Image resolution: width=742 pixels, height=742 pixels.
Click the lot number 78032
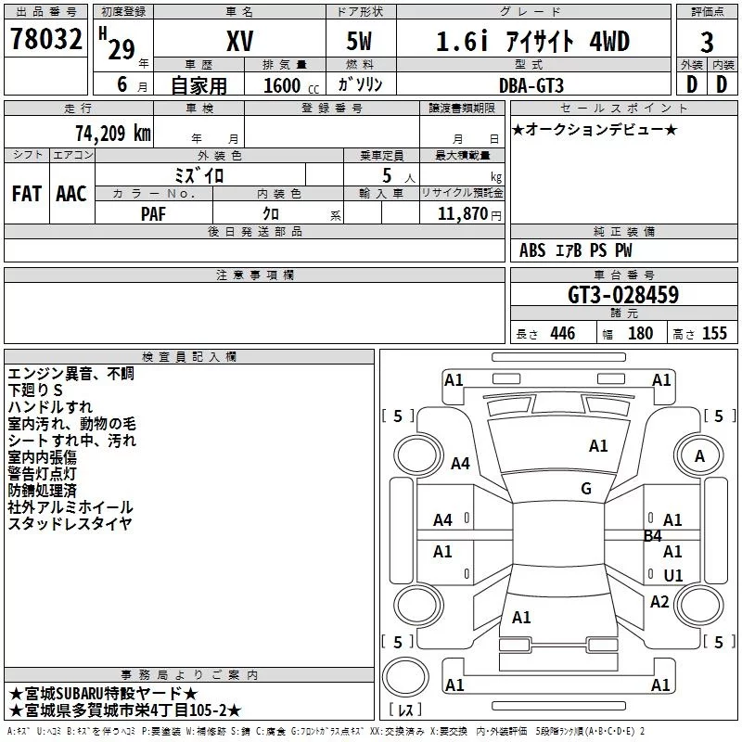tap(46, 39)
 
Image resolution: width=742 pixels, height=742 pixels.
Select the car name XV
tap(240, 41)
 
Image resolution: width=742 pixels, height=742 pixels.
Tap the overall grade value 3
tap(707, 43)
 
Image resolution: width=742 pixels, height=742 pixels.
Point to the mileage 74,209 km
tap(113, 134)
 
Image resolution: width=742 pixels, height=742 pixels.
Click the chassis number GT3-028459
tap(623, 295)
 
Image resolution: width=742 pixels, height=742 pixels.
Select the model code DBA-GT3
tap(531, 85)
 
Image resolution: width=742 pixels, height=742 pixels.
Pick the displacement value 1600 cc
tap(291, 85)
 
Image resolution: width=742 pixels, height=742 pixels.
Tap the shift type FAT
tap(27, 194)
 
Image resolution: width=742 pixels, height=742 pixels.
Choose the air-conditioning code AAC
tap(71, 194)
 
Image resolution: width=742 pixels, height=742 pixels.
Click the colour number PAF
tap(153, 214)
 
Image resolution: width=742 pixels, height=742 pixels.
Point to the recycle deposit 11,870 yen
tap(469, 214)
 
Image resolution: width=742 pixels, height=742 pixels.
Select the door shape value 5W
tap(359, 41)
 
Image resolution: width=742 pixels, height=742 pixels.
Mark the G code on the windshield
tap(586, 489)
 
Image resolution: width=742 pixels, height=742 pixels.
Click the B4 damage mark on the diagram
tap(653, 536)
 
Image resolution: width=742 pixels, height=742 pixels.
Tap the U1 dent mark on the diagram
tap(673, 575)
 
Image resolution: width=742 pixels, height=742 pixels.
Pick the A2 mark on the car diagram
tap(659, 602)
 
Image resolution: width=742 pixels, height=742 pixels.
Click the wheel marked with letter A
tap(699, 455)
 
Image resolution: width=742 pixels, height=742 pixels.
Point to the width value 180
tap(640, 333)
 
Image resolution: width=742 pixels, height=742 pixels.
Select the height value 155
tap(714, 333)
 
